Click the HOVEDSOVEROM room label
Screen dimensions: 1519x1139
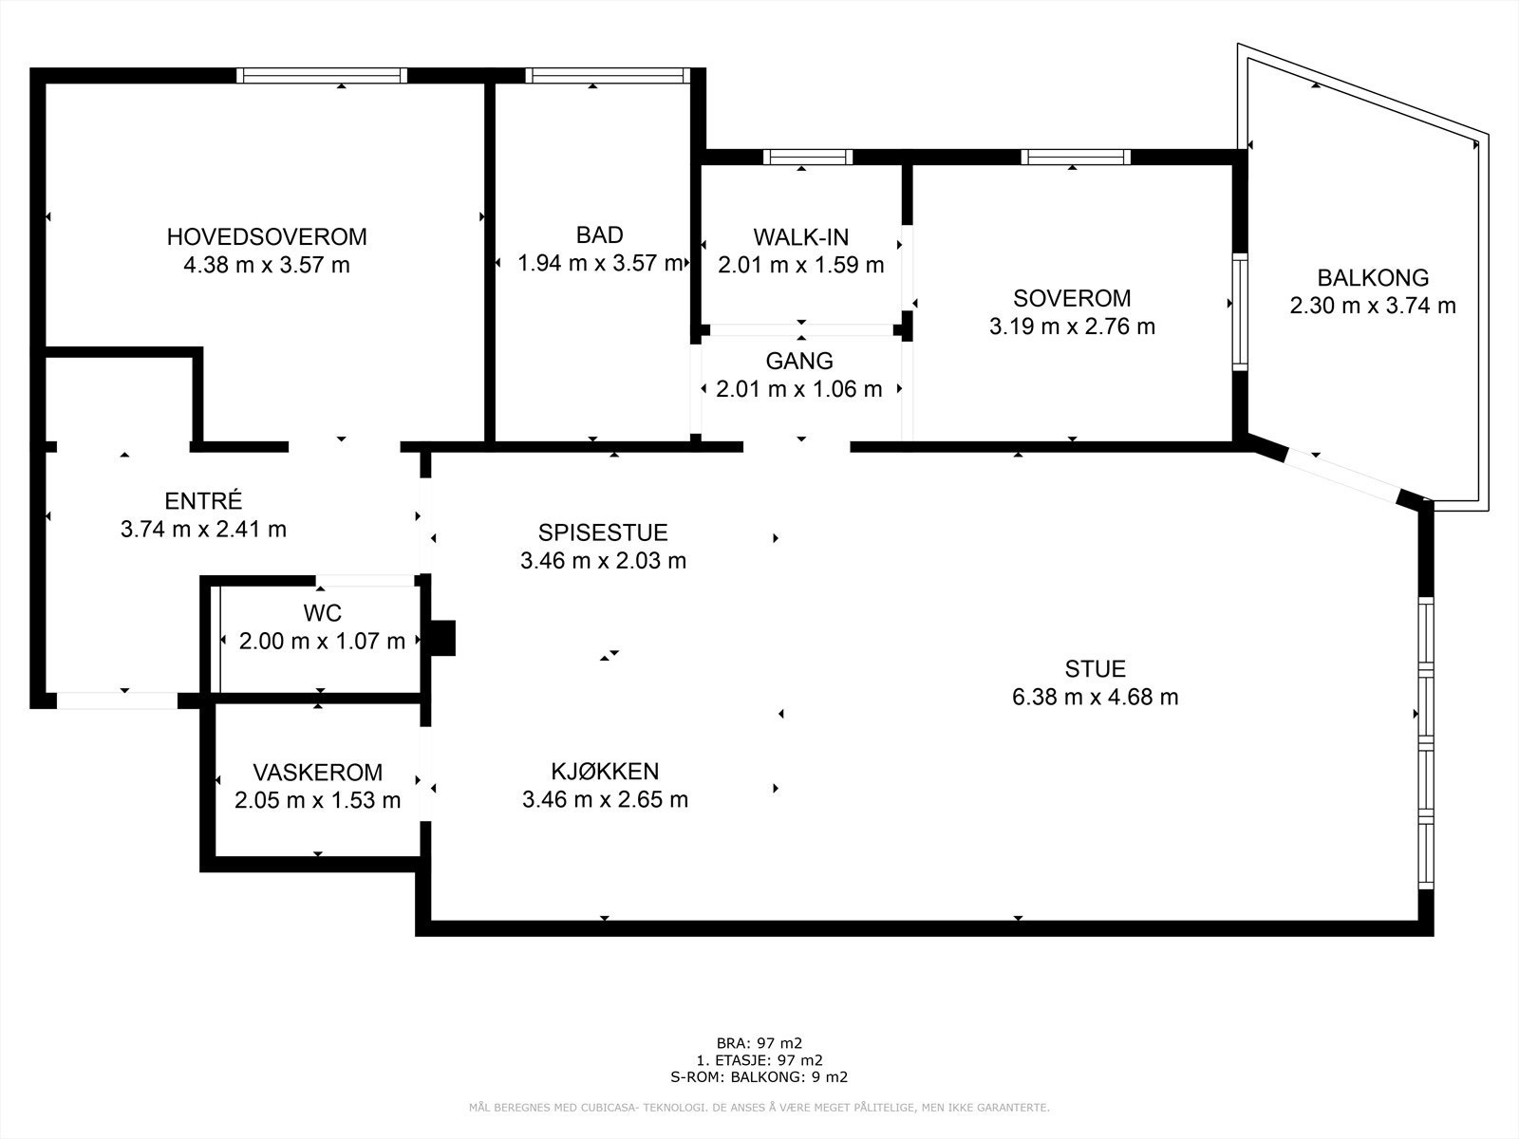[267, 237]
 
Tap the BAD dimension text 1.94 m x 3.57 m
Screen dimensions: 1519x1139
[601, 264]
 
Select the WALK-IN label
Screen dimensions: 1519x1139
[800, 237]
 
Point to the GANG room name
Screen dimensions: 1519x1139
[799, 361]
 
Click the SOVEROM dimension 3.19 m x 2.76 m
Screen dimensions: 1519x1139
[1072, 327]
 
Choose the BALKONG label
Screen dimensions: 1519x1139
[1373, 278]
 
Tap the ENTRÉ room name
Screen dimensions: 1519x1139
[203, 500]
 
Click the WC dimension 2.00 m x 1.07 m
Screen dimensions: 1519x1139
[322, 641]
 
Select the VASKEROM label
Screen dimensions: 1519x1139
[318, 772]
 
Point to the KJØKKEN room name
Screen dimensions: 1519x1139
[605, 771]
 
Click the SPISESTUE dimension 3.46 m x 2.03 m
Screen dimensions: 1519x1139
[604, 560]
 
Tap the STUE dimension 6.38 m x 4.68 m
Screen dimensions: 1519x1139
[1095, 697]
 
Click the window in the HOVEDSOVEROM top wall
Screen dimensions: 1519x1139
[322, 75]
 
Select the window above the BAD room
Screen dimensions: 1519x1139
[608, 75]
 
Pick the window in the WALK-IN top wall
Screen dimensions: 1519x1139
[808, 157]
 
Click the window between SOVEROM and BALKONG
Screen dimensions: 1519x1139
[1240, 312]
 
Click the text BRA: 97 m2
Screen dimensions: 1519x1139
[759, 1043]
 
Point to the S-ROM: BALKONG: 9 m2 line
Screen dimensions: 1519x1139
[759, 1076]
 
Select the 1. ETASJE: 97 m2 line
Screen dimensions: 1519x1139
[759, 1060]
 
